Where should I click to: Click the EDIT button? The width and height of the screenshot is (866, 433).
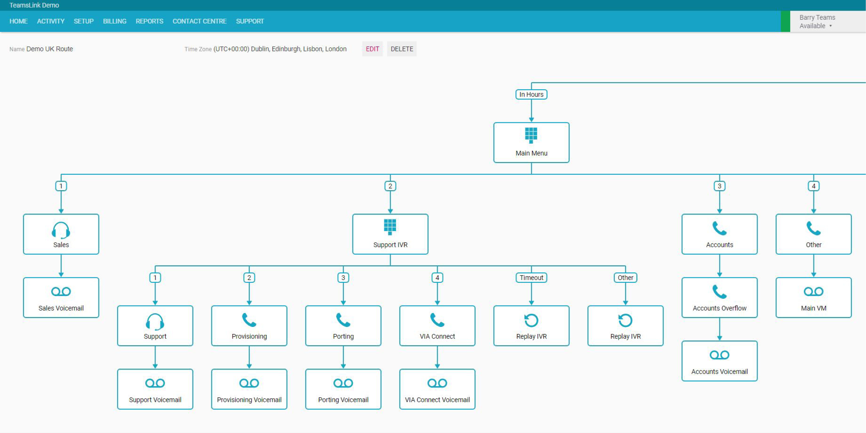point(372,49)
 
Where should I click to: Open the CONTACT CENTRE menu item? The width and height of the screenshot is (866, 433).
point(199,21)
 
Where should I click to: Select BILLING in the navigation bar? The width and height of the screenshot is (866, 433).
point(115,21)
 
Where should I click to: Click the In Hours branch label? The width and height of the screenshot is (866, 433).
point(531,94)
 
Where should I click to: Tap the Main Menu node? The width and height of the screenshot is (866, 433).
point(531,143)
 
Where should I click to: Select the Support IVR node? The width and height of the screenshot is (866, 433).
point(390,234)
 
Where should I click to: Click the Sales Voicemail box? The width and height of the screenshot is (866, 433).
point(61,298)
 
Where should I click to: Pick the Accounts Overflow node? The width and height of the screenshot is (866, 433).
point(720,298)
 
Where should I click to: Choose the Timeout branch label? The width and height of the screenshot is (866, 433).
point(531,278)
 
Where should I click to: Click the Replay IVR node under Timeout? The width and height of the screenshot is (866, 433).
point(531,326)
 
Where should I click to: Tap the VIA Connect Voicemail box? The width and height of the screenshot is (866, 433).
point(437,389)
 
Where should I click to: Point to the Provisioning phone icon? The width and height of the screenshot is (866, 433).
point(249,320)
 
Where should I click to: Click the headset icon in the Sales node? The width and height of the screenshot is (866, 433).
point(61,230)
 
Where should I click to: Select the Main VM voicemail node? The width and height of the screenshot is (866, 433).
point(814,298)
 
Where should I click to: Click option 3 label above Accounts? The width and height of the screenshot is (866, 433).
point(720,186)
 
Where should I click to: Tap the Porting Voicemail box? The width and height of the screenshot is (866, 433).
point(343,389)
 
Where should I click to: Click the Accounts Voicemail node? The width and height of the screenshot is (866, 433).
point(720,361)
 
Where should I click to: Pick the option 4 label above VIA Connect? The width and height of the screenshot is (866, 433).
point(437,278)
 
